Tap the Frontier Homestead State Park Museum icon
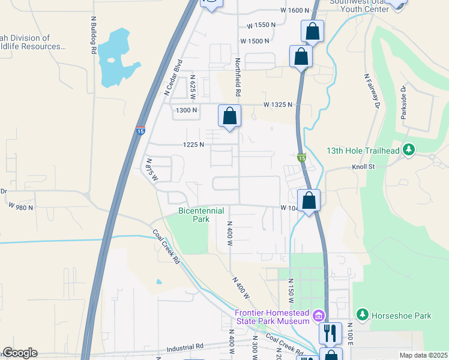319,315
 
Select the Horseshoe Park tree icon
362,314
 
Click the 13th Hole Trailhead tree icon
409,149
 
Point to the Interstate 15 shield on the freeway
139,130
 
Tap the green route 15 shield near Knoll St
301,157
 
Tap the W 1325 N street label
277,104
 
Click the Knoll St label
362,167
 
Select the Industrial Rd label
185,346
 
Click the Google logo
19,353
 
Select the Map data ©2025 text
423,355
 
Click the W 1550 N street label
261,26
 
